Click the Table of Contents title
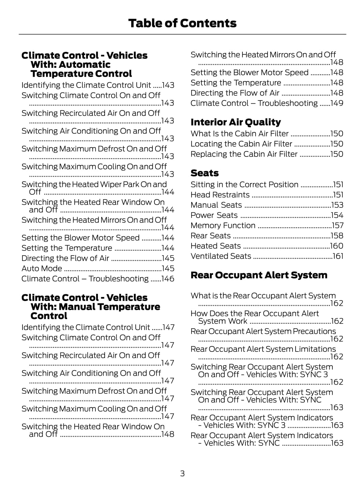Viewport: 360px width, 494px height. [x=182, y=23]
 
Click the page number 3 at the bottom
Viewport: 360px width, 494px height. [x=182, y=474]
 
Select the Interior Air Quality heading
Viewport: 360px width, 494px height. [x=236, y=122]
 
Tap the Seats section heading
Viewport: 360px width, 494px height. [x=205, y=173]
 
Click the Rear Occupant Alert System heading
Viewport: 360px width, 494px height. [x=259, y=275]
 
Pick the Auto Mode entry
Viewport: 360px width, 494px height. [x=42, y=269]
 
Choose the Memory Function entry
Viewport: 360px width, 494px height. [x=223, y=226]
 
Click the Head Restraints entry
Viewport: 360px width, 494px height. [x=220, y=195]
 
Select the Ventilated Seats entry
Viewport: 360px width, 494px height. [x=221, y=256]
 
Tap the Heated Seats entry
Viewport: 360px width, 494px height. [x=216, y=246]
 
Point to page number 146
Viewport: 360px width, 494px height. [x=168, y=279]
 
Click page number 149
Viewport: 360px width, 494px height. [x=337, y=103]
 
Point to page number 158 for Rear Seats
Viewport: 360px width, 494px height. [x=337, y=236]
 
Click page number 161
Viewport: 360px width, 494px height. [x=338, y=256]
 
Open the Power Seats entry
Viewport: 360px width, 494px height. [x=214, y=215]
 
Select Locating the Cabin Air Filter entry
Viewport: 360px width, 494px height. [x=241, y=144]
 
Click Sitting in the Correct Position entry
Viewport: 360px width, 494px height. [x=244, y=185]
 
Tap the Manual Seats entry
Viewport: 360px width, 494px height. [x=216, y=205]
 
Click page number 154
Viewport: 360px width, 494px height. [x=337, y=215]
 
